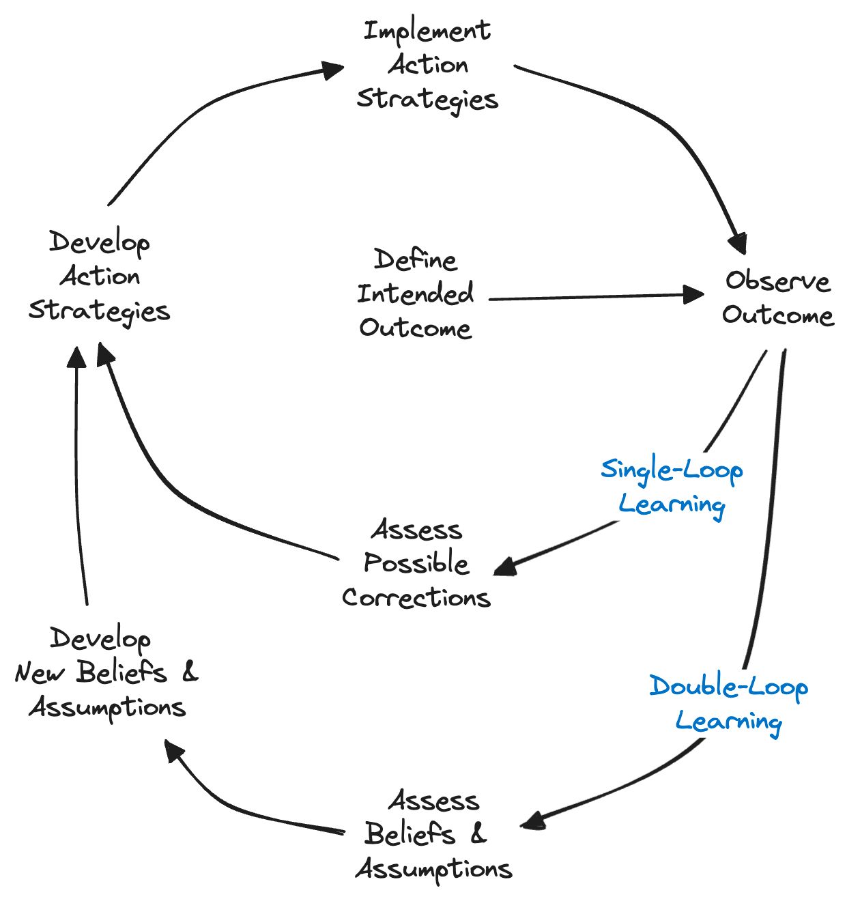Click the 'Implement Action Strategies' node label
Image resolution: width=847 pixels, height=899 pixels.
pos(427,66)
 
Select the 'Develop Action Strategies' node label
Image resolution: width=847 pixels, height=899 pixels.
pos(99,276)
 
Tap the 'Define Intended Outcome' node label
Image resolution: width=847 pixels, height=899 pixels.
pos(415,294)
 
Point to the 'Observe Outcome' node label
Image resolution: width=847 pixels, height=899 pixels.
pos(777,298)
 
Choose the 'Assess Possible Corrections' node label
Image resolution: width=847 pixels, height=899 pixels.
pos(416,564)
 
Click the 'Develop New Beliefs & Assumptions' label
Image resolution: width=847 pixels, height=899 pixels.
pos(106,673)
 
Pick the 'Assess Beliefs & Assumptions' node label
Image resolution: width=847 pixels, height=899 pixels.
pos(433,835)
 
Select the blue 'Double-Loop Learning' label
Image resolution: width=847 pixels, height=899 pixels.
pos(728,704)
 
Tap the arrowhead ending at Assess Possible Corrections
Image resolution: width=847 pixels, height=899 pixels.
pos(506,566)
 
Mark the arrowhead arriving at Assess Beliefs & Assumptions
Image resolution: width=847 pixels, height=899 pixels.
pos(533,821)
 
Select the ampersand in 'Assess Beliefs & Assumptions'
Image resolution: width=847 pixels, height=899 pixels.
pos(478,833)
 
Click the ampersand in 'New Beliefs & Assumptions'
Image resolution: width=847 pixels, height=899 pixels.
pos(190,672)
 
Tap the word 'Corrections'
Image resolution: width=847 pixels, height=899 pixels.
pos(416,598)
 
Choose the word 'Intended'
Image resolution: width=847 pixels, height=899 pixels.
pos(415,294)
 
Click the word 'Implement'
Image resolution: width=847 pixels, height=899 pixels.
pos(427,31)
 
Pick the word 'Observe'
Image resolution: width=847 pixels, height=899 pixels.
pos(777,281)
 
